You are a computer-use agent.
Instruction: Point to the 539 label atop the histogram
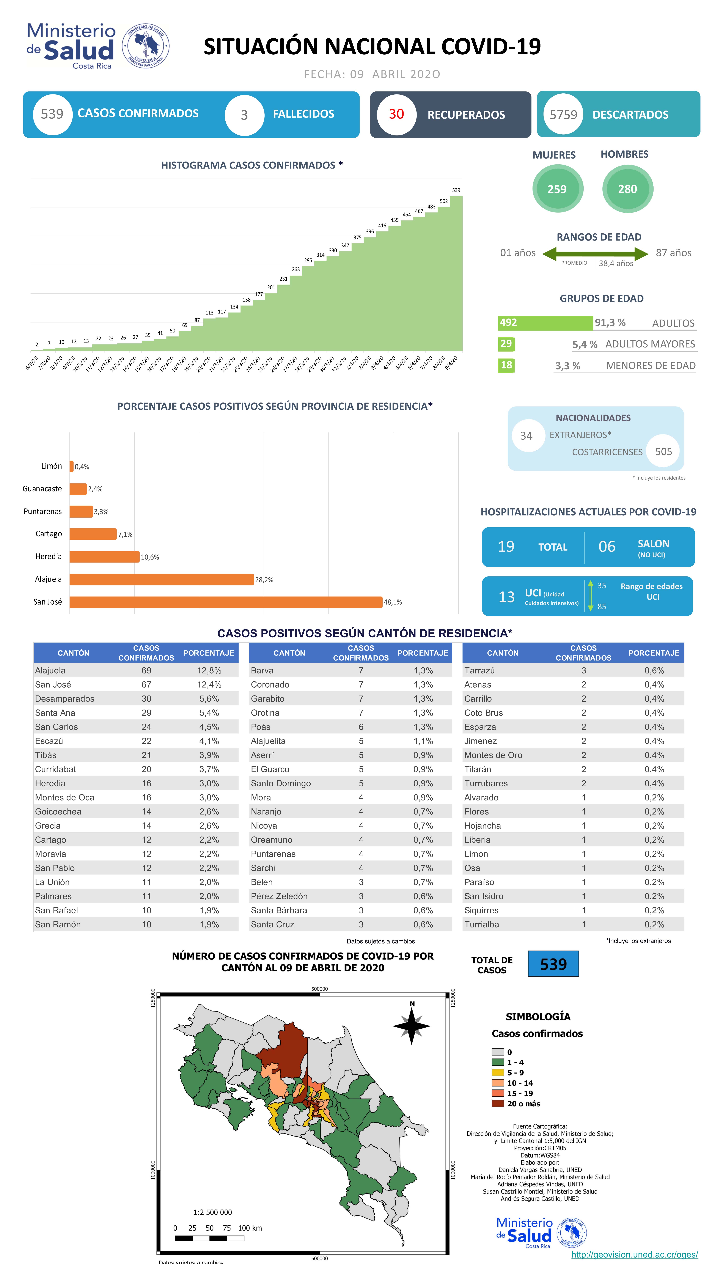point(456,190)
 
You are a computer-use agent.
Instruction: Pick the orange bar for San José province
point(226,602)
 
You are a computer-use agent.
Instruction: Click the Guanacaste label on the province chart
point(42,489)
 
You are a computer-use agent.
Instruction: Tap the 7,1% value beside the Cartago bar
point(125,534)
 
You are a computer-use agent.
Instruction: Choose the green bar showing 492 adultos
point(545,323)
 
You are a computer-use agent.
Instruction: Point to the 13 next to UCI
point(506,597)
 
